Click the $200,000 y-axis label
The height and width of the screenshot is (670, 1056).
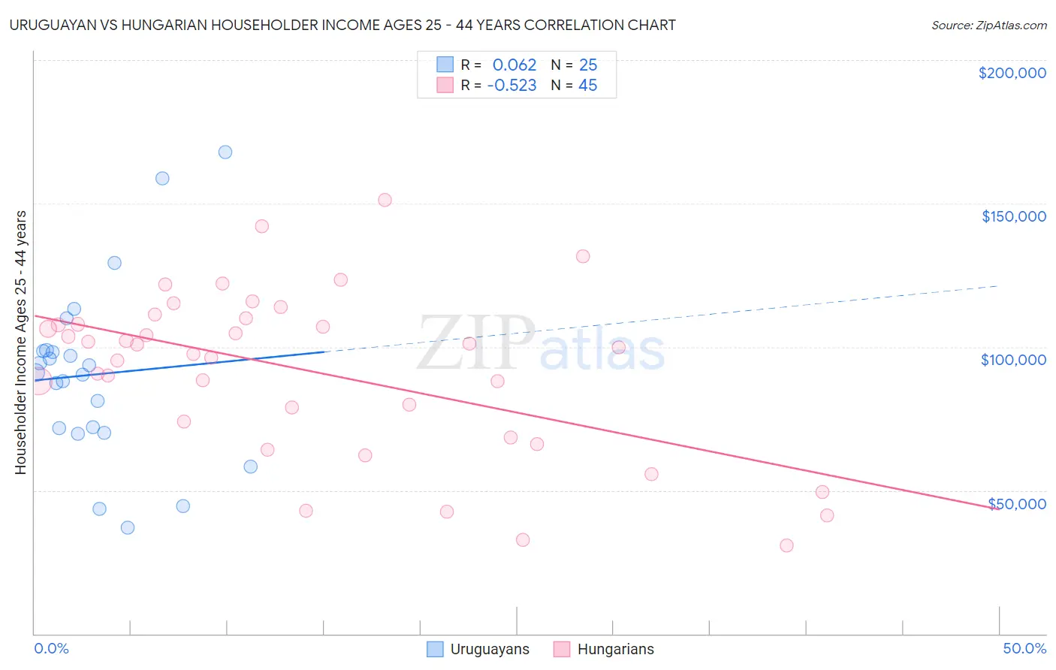tap(1012, 73)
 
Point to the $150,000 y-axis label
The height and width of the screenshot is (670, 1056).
tap(1013, 216)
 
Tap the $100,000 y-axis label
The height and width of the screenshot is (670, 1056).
tap(1013, 360)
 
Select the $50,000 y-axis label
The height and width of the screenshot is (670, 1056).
tap(1017, 504)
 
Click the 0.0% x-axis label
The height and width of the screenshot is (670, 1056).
tap(51, 648)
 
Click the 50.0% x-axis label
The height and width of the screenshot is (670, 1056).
tap(1024, 648)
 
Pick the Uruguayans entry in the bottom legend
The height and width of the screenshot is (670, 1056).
tap(489, 649)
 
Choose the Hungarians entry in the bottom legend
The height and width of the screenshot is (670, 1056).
tap(615, 649)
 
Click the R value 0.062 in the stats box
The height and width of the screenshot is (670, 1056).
tap(514, 65)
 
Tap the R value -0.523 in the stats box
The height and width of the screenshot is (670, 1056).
tap(511, 85)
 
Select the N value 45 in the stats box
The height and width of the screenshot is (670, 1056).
tap(587, 85)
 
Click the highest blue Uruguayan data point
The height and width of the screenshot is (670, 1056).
tap(225, 152)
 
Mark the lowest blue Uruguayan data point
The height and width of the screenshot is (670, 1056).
tap(128, 527)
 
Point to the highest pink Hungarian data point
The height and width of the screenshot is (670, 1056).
tap(385, 200)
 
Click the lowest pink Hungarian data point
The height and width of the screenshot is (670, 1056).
tap(786, 545)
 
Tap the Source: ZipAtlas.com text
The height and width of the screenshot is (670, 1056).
tap(988, 25)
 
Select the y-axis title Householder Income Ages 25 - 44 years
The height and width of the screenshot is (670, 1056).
tap(21, 343)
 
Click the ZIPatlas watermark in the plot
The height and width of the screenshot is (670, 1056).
tap(541, 343)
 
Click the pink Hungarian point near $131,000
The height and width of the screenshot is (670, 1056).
tap(583, 256)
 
